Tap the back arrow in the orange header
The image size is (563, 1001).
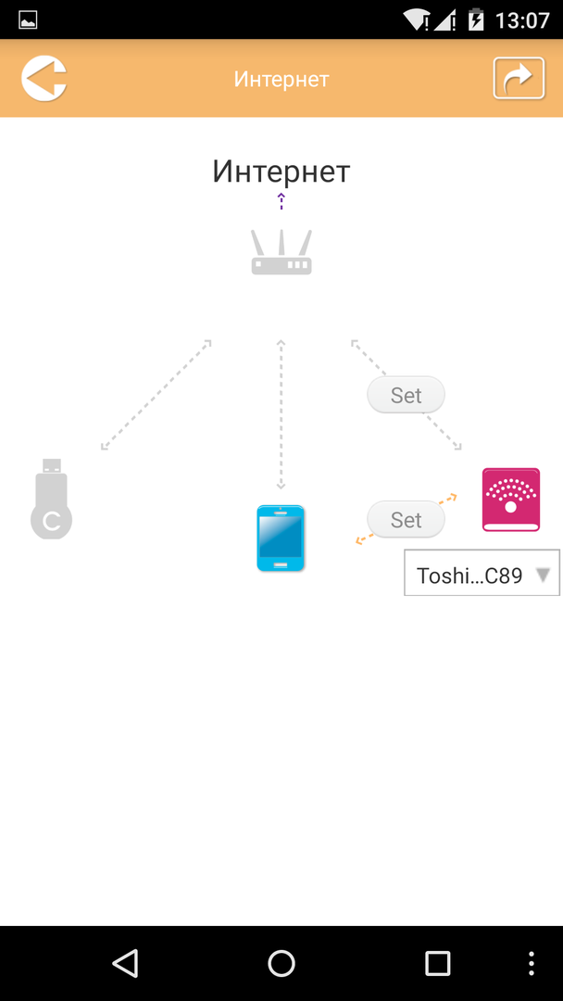click(x=44, y=78)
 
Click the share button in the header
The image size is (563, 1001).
click(x=519, y=78)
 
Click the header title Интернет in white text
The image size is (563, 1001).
click(x=281, y=79)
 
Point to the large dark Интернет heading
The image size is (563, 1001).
click(x=281, y=171)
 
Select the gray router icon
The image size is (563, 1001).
click(x=281, y=252)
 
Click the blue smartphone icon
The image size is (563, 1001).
click(x=281, y=538)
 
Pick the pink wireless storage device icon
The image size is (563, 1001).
click(x=511, y=500)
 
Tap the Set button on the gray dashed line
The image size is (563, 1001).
click(x=406, y=395)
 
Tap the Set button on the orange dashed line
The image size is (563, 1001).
click(x=406, y=520)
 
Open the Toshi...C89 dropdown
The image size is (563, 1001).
click(x=470, y=576)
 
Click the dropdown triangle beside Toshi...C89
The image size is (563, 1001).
click(x=544, y=576)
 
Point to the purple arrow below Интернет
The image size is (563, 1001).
click(x=281, y=200)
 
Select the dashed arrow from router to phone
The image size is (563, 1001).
click(x=281, y=414)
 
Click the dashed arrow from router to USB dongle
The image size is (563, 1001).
click(x=156, y=396)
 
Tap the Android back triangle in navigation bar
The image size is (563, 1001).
click(x=125, y=963)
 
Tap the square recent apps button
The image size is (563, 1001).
click(x=437, y=963)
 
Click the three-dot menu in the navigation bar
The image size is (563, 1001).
click(x=532, y=963)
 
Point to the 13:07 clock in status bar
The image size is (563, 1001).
click(x=522, y=19)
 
